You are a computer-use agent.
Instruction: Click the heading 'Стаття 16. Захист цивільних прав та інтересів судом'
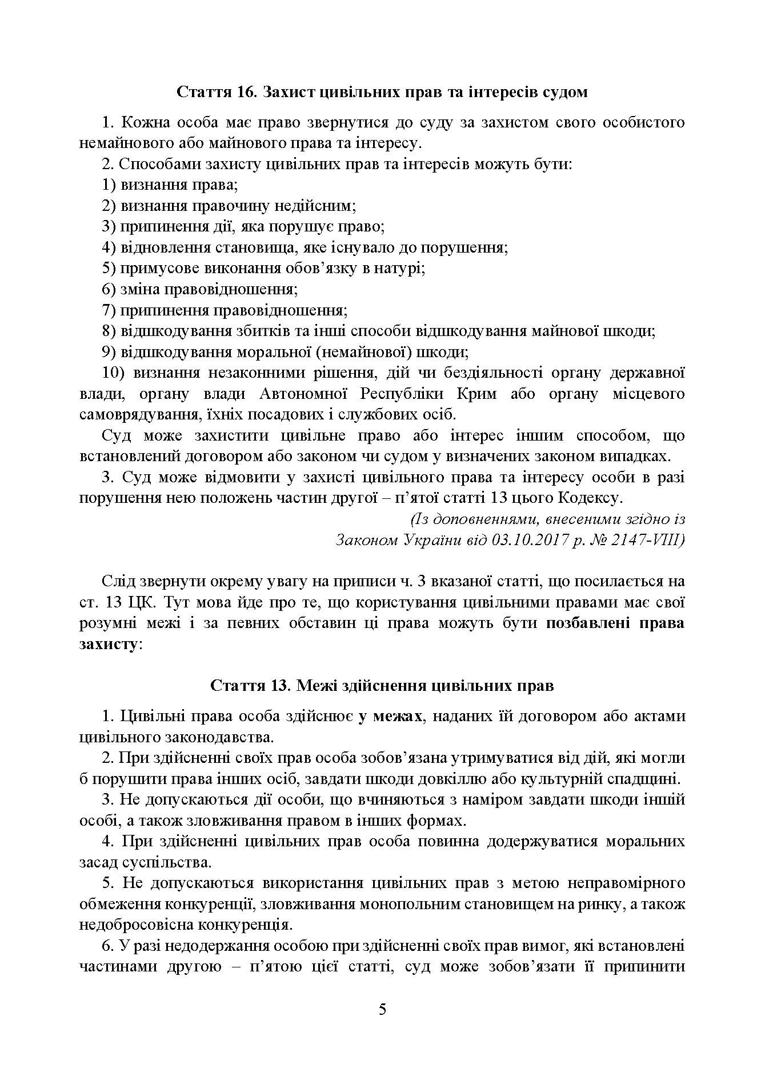pyautogui.click(x=382, y=92)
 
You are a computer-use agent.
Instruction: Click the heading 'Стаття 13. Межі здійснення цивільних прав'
pyautogui.click(x=382, y=685)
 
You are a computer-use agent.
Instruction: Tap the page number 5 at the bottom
pyautogui.click(x=382, y=1009)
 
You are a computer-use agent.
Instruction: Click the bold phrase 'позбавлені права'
pyautogui.click(x=615, y=623)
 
